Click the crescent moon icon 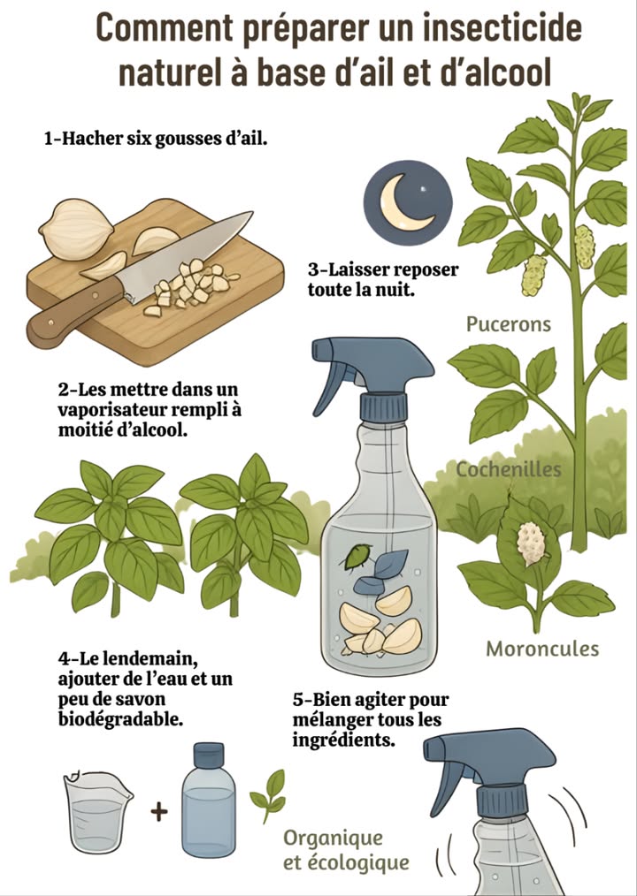406,201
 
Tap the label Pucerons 508,324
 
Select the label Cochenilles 508,469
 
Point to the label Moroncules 541,649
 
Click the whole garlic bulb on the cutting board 77,228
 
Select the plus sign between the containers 158,811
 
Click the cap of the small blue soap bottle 209,756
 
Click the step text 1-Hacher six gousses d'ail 155,139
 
